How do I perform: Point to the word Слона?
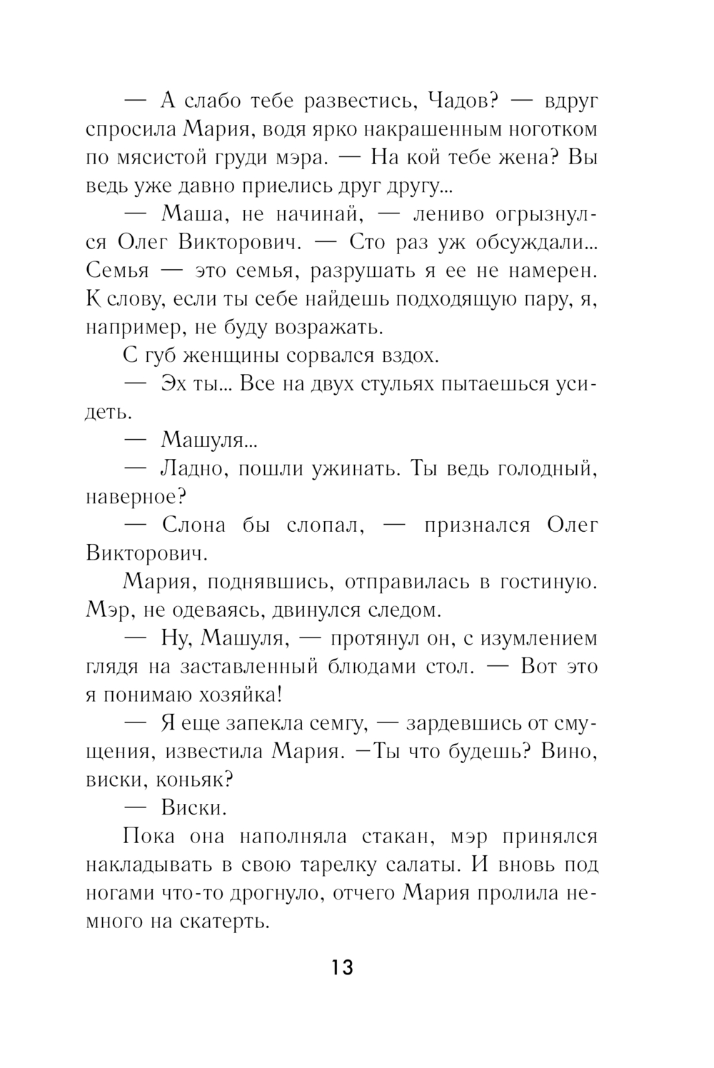(194, 525)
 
